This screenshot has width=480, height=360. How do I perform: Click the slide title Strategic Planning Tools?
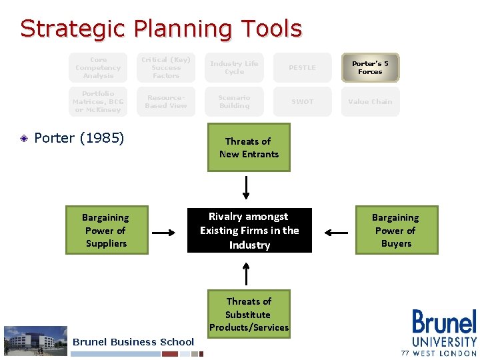tap(161, 29)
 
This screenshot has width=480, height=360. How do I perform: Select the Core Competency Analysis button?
tap(98, 67)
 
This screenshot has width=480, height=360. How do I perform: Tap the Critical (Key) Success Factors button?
tap(166, 67)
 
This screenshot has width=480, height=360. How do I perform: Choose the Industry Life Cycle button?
tap(234, 67)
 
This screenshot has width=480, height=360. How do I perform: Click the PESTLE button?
tap(302, 67)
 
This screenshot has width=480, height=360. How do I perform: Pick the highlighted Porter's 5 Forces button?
tap(370, 67)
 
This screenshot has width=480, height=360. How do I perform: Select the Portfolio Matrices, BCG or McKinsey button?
tap(98, 101)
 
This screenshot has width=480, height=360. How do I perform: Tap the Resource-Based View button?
tap(166, 101)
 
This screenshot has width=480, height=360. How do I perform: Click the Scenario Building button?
tap(234, 101)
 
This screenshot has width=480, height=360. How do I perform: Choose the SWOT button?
tap(302, 101)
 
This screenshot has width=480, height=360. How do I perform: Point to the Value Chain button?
tap(370, 101)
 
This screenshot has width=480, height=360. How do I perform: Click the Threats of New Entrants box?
tap(248, 147)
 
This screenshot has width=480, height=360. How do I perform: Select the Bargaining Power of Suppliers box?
tap(105, 230)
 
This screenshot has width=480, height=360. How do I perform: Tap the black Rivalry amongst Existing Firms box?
tap(249, 231)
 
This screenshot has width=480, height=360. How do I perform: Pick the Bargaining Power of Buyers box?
tap(395, 230)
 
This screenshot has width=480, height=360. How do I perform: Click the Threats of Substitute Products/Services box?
tap(248, 314)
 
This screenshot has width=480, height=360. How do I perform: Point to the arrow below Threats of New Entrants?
tap(247, 187)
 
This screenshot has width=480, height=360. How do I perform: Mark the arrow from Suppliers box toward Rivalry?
tap(163, 233)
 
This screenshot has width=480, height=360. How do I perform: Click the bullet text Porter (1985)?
tap(79, 138)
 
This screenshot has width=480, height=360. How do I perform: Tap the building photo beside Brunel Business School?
tap(36, 340)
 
